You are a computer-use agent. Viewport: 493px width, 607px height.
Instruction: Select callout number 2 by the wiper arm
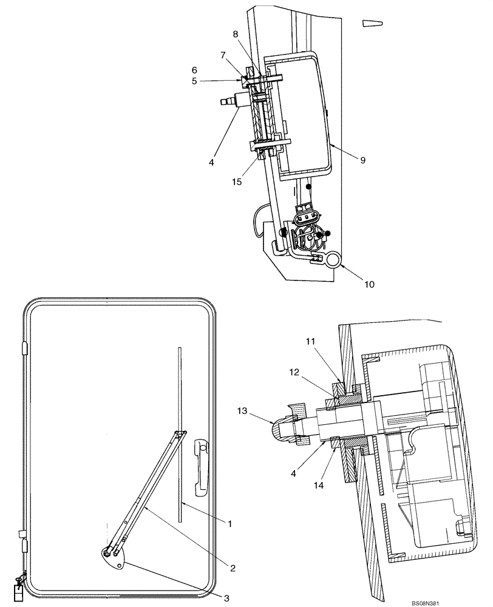232,568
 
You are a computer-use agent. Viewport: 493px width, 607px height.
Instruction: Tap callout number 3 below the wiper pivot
226,599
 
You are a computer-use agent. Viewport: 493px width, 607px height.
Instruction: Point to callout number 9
362,160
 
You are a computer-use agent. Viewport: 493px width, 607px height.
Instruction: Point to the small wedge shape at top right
372,23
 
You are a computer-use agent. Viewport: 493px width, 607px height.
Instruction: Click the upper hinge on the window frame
24,348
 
